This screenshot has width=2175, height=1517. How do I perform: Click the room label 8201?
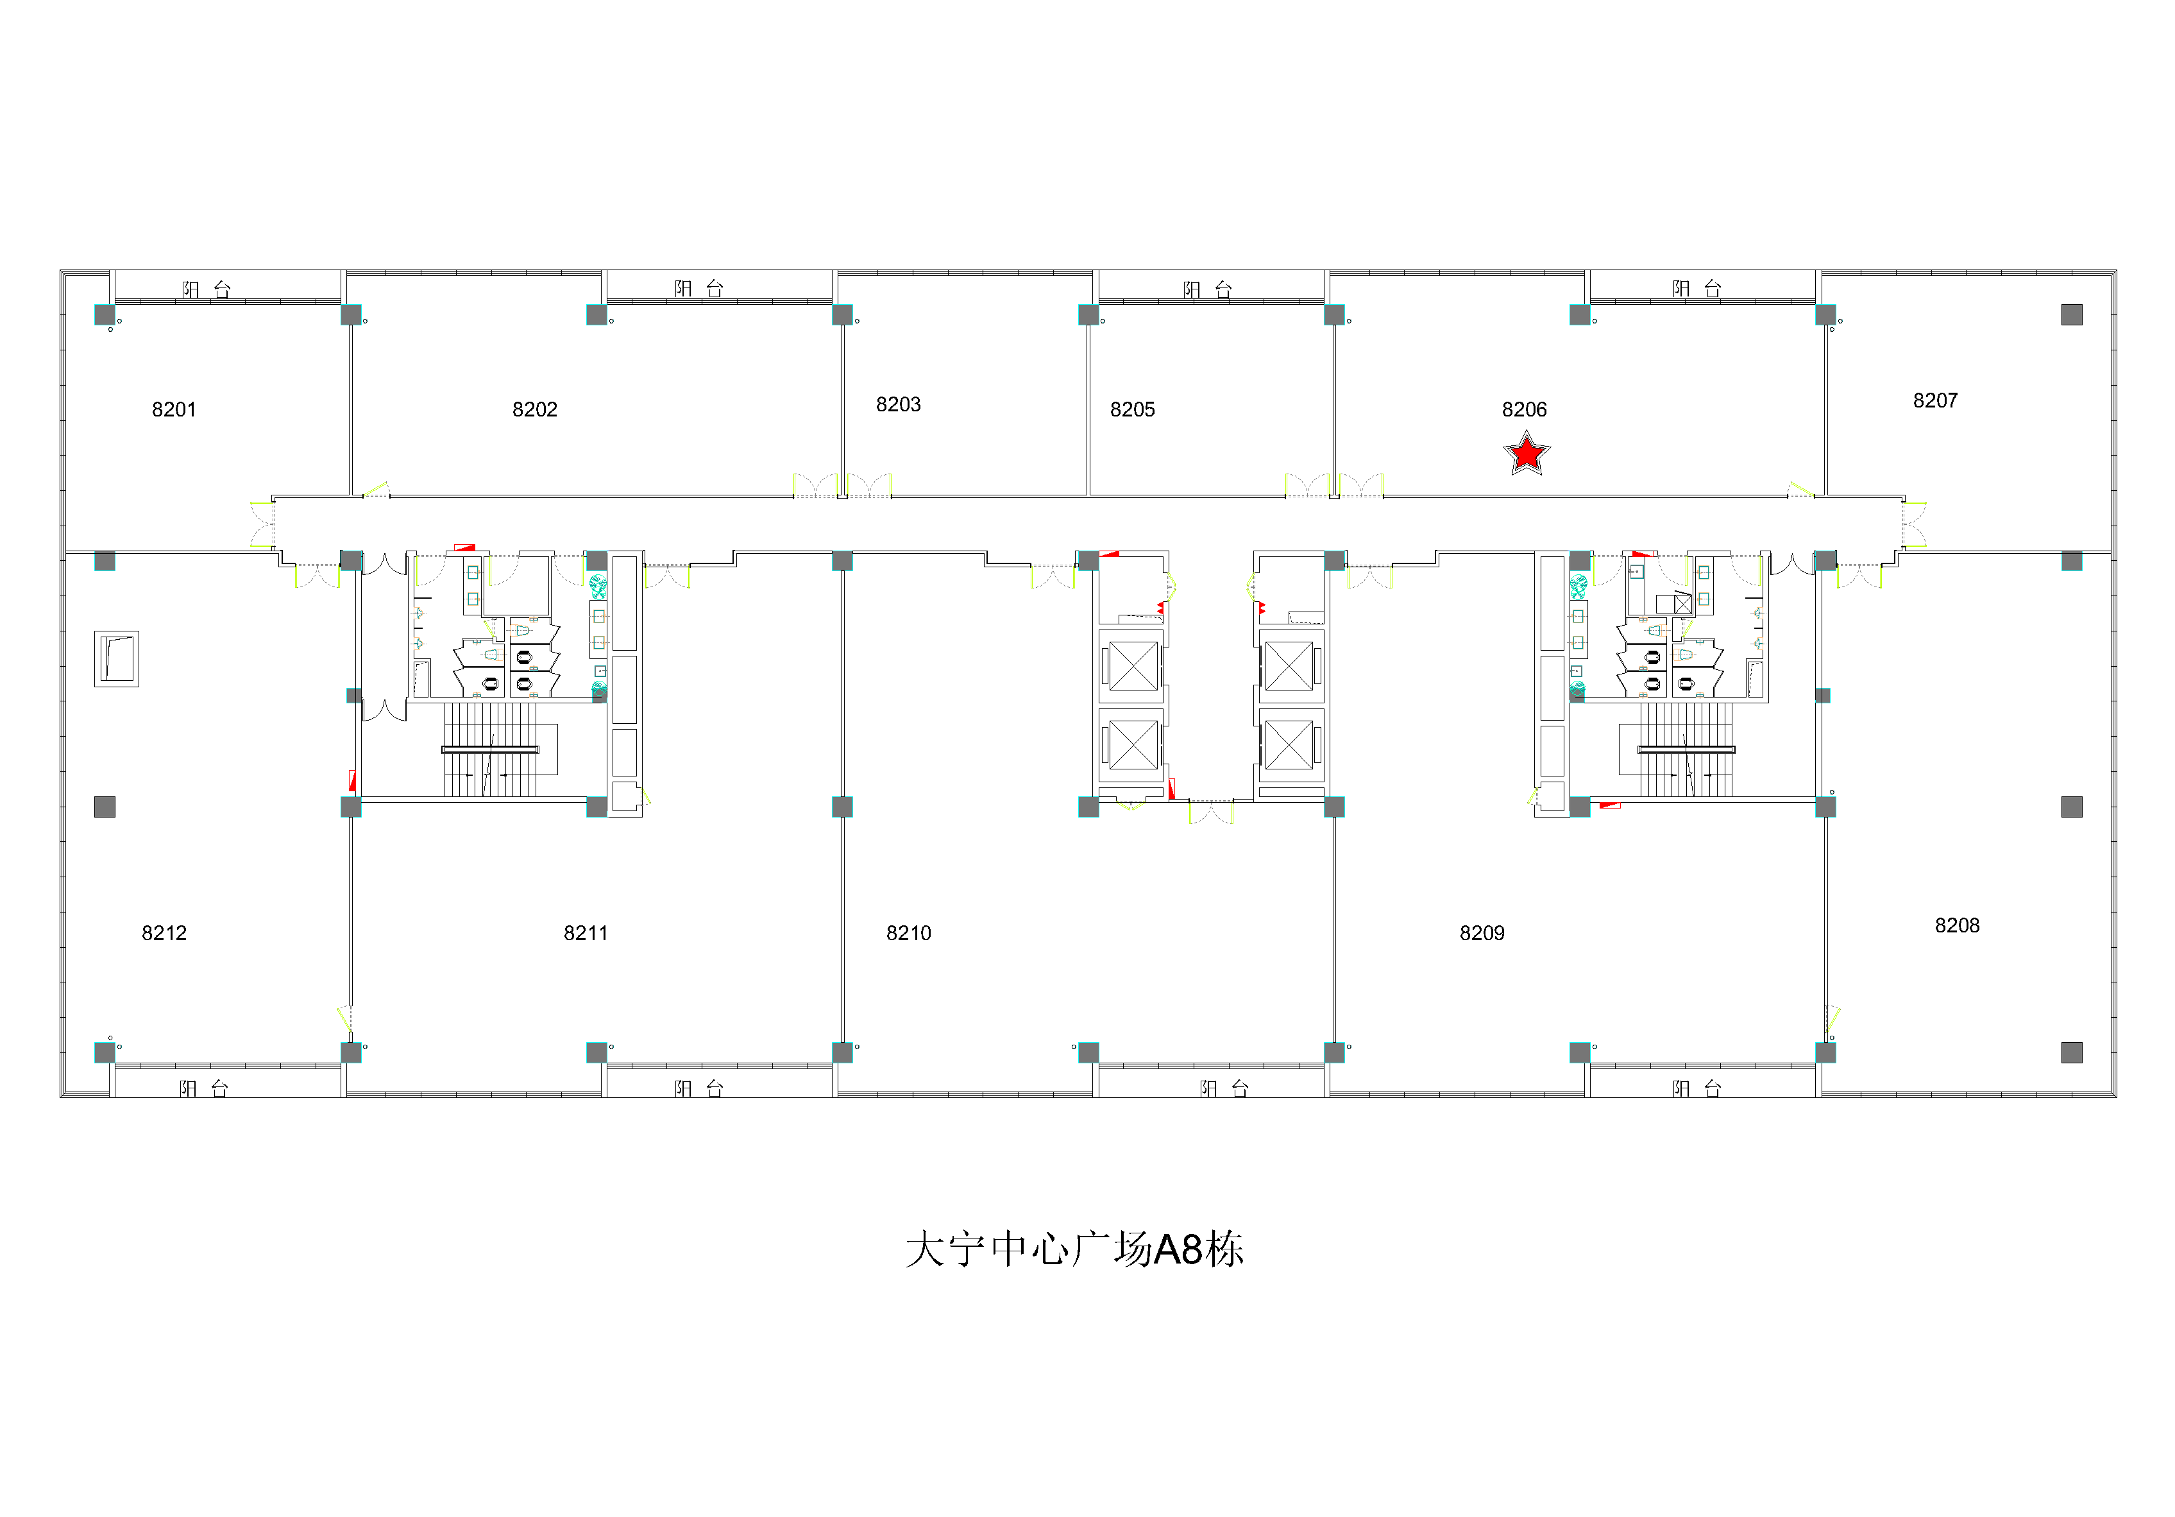[174, 409]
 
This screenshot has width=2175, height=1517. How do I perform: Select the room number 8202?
[535, 409]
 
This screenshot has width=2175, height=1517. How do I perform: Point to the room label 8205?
[1133, 409]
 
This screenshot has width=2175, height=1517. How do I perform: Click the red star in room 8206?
[1527, 454]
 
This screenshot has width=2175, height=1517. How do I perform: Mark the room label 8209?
[1482, 933]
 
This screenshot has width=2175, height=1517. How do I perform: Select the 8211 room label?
[586, 933]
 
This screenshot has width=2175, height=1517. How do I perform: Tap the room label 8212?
[165, 933]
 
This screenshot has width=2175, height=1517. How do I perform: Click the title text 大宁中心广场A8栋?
[1074, 1250]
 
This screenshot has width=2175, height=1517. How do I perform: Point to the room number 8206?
[1524, 409]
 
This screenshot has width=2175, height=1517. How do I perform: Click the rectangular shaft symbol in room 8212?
[117, 658]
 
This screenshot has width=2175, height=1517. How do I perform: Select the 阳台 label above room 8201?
[207, 289]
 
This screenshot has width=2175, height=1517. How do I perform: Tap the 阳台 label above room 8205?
[1208, 289]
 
